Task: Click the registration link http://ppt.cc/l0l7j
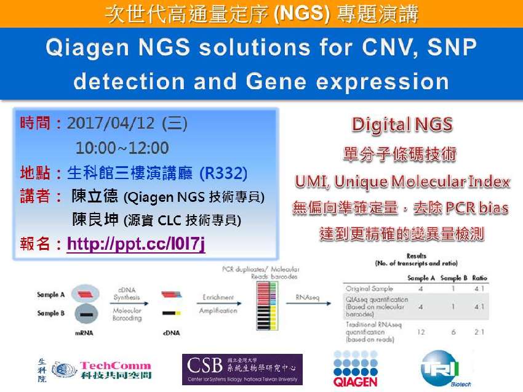click(x=136, y=244)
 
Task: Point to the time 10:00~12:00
click(x=122, y=148)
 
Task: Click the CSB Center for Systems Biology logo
click(x=242, y=369)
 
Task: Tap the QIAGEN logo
click(x=356, y=370)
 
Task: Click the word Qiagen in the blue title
click(x=90, y=49)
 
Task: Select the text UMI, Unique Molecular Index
click(x=402, y=182)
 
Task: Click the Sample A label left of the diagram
click(x=50, y=295)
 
